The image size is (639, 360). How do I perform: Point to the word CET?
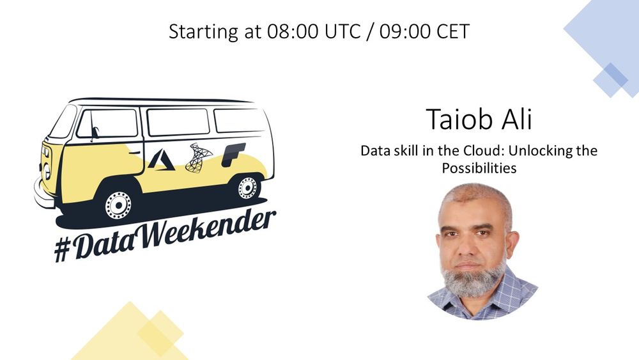[x=453, y=31]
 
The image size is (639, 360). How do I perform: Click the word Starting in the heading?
[x=203, y=32]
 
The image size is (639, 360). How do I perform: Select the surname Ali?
[x=514, y=119]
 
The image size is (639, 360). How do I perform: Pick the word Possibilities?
[x=479, y=168]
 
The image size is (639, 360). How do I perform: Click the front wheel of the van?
[x=118, y=205]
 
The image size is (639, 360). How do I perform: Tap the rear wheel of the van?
[x=247, y=188]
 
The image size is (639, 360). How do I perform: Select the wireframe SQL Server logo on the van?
[x=198, y=158]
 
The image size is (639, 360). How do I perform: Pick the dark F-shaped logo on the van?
[x=233, y=155]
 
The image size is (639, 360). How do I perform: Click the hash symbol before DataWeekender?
[x=63, y=249]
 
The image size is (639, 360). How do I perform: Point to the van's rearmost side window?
[x=239, y=120]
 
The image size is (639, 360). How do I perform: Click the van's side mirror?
[x=95, y=132]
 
